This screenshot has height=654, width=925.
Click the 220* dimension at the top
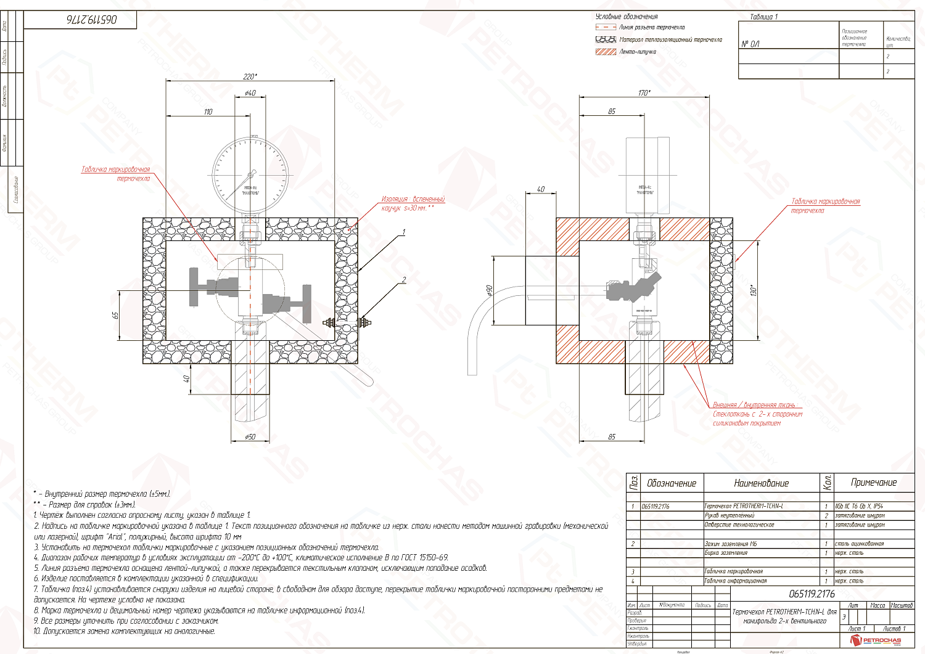pyautogui.click(x=250, y=76)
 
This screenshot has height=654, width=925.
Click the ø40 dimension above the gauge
pyautogui.click(x=250, y=93)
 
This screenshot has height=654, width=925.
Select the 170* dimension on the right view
pyautogui.click(x=644, y=92)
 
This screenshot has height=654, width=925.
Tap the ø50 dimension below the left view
pyautogui.click(x=250, y=437)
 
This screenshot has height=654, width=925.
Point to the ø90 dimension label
pyautogui.click(x=489, y=290)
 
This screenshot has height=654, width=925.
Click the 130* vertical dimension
pyautogui.click(x=753, y=290)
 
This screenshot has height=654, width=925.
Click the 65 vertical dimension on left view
pyautogui.click(x=115, y=315)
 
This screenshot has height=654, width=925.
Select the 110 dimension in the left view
pyautogui.click(x=208, y=112)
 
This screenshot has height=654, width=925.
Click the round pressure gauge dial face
pyautogui.click(x=250, y=173)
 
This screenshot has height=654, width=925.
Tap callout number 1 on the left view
pyautogui.click(x=403, y=232)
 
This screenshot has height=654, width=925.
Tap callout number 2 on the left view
pyautogui.click(x=403, y=280)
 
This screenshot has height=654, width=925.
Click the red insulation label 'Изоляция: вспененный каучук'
pyautogui.click(x=413, y=203)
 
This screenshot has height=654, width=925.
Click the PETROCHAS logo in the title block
pyautogui.click(x=876, y=641)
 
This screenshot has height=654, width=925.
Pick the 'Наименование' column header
pyautogui.click(x=761, y=483)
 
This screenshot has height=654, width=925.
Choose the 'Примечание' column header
pyautogui.click(x=874, y=483)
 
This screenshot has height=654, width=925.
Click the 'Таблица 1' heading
pyautogui.click(x=763, y=17)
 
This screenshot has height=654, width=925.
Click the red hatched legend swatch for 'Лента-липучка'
pyautogui.click(x=606, y=52)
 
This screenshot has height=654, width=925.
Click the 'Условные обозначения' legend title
pyautogui.click(x=627, y=17)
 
